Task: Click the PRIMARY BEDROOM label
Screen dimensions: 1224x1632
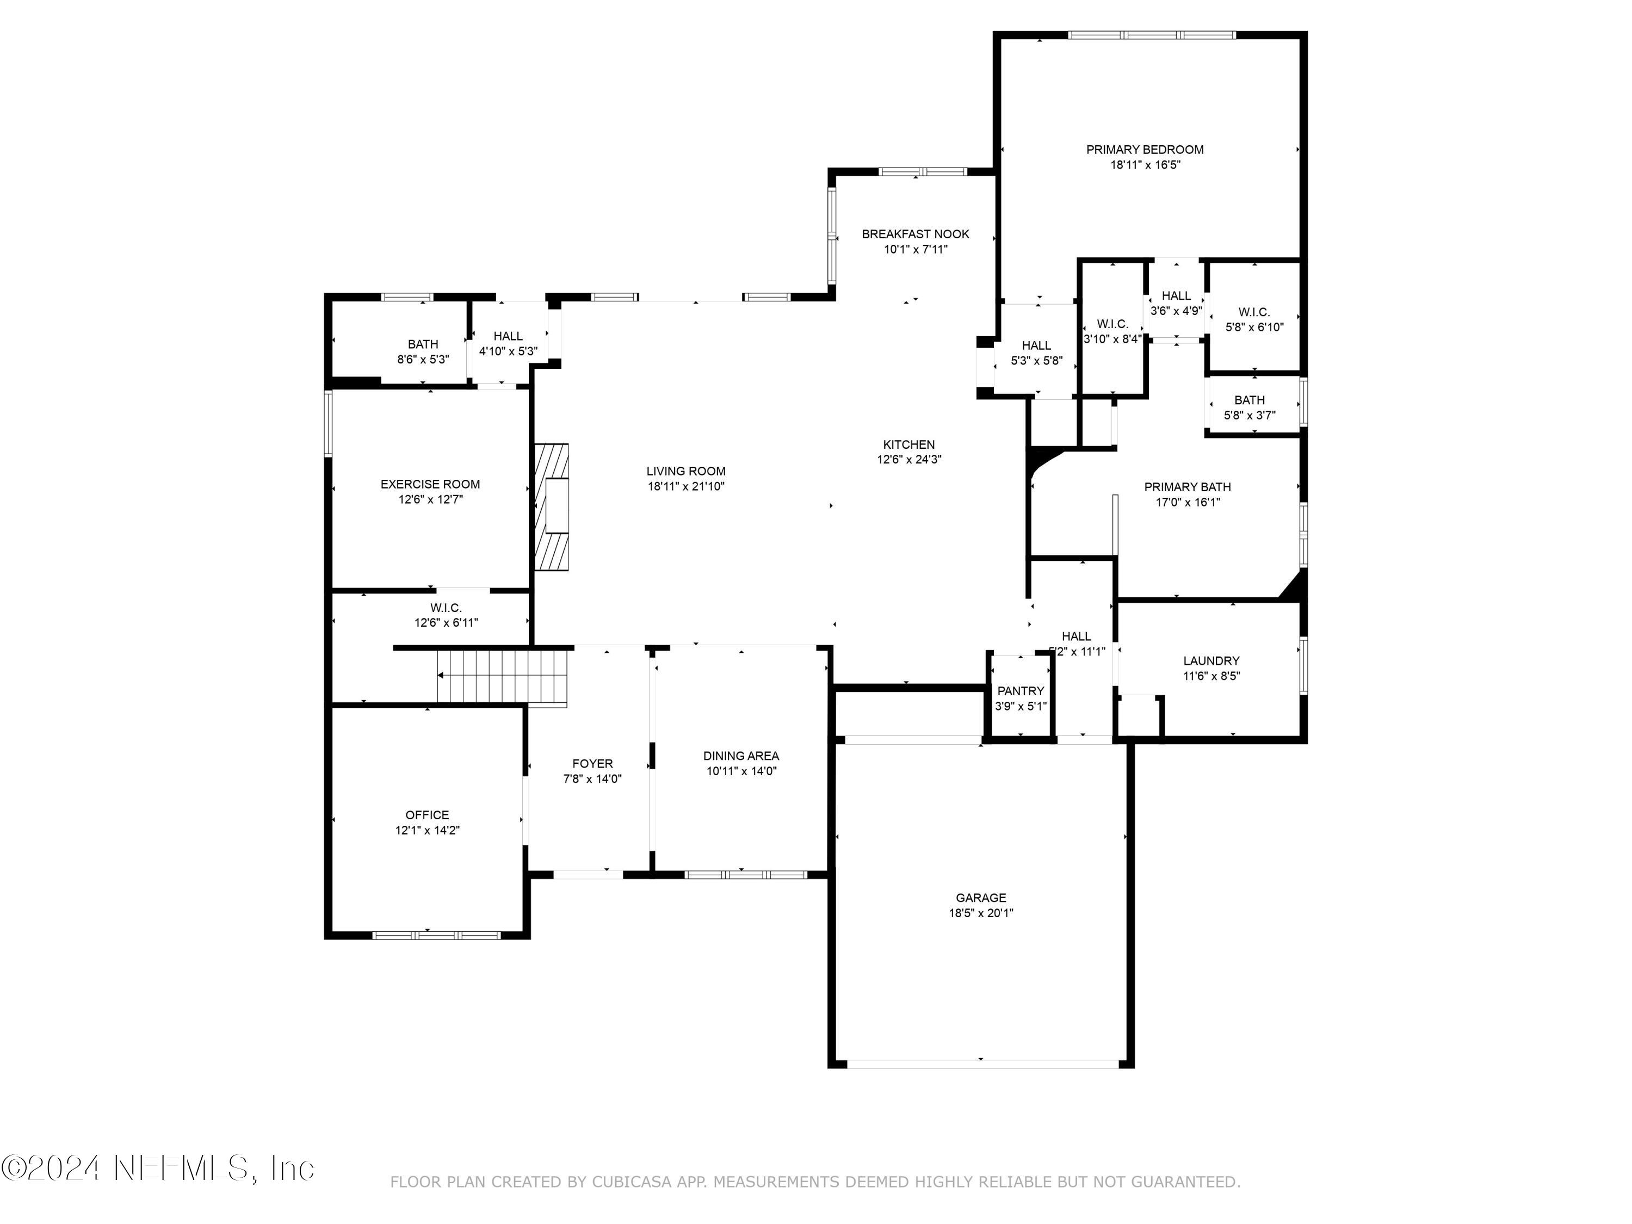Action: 1145,150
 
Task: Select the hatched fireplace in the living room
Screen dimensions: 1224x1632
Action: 552,507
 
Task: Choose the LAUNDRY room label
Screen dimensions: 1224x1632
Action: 1211,661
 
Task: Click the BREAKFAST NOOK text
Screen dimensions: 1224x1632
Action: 916,234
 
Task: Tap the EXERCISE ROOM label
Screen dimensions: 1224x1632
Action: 430,485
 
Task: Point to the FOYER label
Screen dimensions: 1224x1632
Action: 592,764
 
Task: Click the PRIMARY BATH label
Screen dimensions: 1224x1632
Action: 1187,487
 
